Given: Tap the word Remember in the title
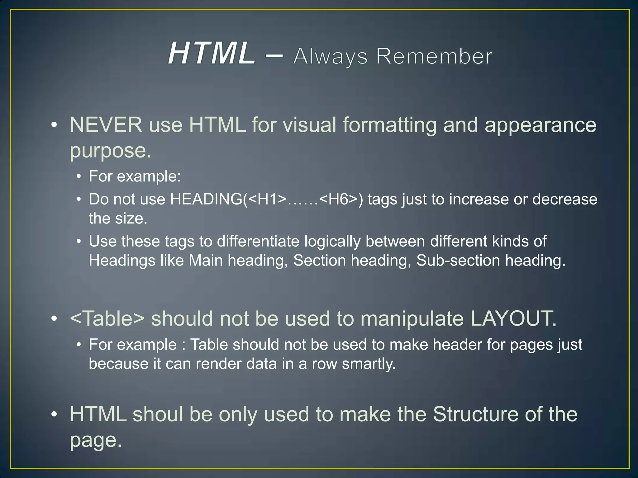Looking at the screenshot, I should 434,57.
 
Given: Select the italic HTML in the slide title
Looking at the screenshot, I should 211,54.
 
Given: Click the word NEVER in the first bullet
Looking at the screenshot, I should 106,125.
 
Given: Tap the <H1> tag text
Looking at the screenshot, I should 268,199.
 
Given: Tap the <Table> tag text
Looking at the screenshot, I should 107,318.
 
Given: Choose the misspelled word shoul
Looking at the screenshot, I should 157,415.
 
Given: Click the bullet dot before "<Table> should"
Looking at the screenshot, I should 54,319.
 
